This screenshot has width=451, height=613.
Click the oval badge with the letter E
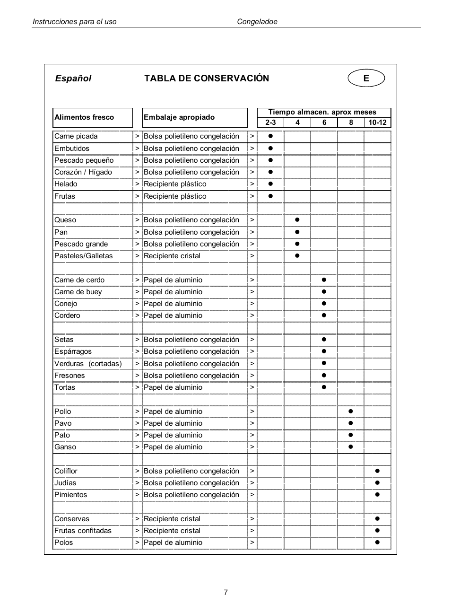pyautogui.click(x=366, y=78)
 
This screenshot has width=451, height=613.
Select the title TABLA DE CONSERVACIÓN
pyautogui.click(x=207, y=79)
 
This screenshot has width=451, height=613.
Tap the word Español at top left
pyautogui.click(x=73, y=79)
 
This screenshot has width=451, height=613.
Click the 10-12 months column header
pyautogui.click(x=377, y=123)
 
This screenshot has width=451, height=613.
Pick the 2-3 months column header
pyautogui.click(x=270, y=123)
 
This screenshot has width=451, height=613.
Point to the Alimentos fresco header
pyautogui.click(x=84, y=117)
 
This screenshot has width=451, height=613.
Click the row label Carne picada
pyautogui.click(x=76, y=136)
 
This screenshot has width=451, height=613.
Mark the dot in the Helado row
pyautogui.click(x=271, y=184)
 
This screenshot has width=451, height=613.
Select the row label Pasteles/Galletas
pyautogui.click(x=84, y=256)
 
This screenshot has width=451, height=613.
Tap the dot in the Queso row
pyautogui.click(x=297, y=220)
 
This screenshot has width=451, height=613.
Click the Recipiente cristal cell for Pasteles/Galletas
pyautogui.click(x=172, y=256)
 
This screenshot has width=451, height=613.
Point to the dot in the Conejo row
pyautogui.click(x=324, y=304)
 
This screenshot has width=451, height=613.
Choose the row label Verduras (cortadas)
pyautogui.click(x=88, y=364)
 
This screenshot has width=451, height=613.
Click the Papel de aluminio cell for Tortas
pyautogui.click(x=173, y=387)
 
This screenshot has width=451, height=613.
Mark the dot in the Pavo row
pyautogui.click(x=351, y=423)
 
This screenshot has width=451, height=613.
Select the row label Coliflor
pyautogui.click(x=66, y=471)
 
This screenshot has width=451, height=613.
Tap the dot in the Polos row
pyautogui.click(x=377, y=543)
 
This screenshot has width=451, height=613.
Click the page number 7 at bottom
pyautogui.click(x=225, y=592)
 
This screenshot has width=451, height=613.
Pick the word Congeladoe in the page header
pyautogui.click(x=257, y=22)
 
